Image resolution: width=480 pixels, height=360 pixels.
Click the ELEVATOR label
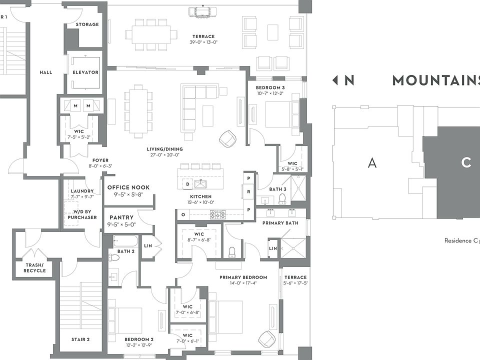pyautogui.click(x=85, y=72)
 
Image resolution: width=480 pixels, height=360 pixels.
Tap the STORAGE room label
pyautogui.click(x=87, y=24)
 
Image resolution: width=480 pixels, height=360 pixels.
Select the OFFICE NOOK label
pyautogui.click(x=128, y=187)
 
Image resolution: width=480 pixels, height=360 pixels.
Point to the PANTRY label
pyautogui.click(x=121, y=217)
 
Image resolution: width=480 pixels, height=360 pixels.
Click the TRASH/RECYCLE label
pyautogui.click(x=34, y=267)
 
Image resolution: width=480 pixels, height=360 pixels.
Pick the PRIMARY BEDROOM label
pyautogui.click(x=243, y=277)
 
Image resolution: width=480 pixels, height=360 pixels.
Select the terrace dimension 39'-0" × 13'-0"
pyautogui.click(x=203, y=42)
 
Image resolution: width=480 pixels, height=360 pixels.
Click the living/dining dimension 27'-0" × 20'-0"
pyautogui.click(x=164, y=155)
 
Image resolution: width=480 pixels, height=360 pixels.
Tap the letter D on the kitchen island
pyautogui.click(x=187, y=183)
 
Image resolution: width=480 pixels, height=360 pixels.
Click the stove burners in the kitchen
pyautogui.click(x=217, y=214)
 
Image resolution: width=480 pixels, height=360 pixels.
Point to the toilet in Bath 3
pyautogui.click(x=282, y=199)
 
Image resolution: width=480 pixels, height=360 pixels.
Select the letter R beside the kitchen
pyautogui.click(x=248, y=192)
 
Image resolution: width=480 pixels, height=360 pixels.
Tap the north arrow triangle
pyautogui.click(x=335, y=80)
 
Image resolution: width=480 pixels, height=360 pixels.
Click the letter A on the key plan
pyautogui.click(x=371, y=162)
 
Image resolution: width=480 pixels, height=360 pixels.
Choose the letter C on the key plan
pyautogui.click(x=466, y=162)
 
